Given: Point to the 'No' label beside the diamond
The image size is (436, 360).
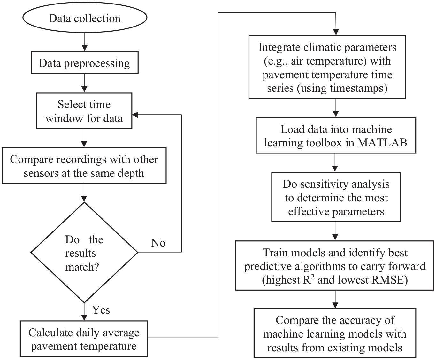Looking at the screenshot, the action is [x=158, y=243].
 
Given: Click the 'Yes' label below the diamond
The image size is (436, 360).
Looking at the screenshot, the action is [x=101, y=310].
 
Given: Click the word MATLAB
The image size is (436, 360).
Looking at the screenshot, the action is [x=382, y=143].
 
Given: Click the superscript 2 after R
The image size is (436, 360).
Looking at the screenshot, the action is [x=312, y=277].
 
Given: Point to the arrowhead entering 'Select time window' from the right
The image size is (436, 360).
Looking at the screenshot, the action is [x=135, y=115].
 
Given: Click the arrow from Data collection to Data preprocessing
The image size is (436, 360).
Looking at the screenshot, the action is [x=85, y=42].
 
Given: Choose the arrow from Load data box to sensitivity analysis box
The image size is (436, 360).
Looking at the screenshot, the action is [x=335, y=163].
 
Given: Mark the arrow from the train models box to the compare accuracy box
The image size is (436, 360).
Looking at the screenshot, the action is [x=335, y=299].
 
